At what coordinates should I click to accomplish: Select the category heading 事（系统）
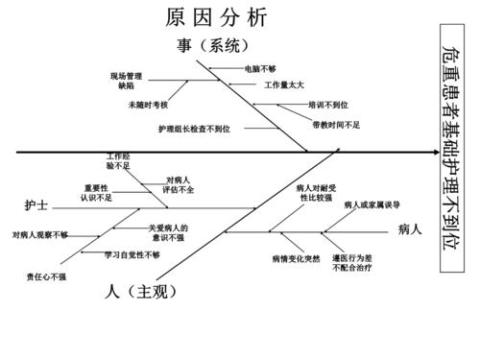pyautogui.click(x=219, y=45)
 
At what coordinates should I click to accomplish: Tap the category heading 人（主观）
pyautogui.click(x=143, y=291)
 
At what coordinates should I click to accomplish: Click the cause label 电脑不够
pyautogui.click(x=260, y=69)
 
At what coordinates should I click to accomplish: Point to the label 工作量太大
pyautogui.click(x=283, y=86)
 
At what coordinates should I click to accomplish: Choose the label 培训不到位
pyautogui.click(x=328, y=105)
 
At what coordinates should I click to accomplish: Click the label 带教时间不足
pyautogui.click(x=336, y=125)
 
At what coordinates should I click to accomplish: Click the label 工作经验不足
pyautogui.click(x=119, y=161)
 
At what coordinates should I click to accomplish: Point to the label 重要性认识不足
pyautogui.click(x=97, y=192)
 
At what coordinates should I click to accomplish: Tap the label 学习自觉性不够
pyautogui.click(x=132, y=254)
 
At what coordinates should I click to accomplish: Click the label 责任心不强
pyautogui.click(x=46, y=277)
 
